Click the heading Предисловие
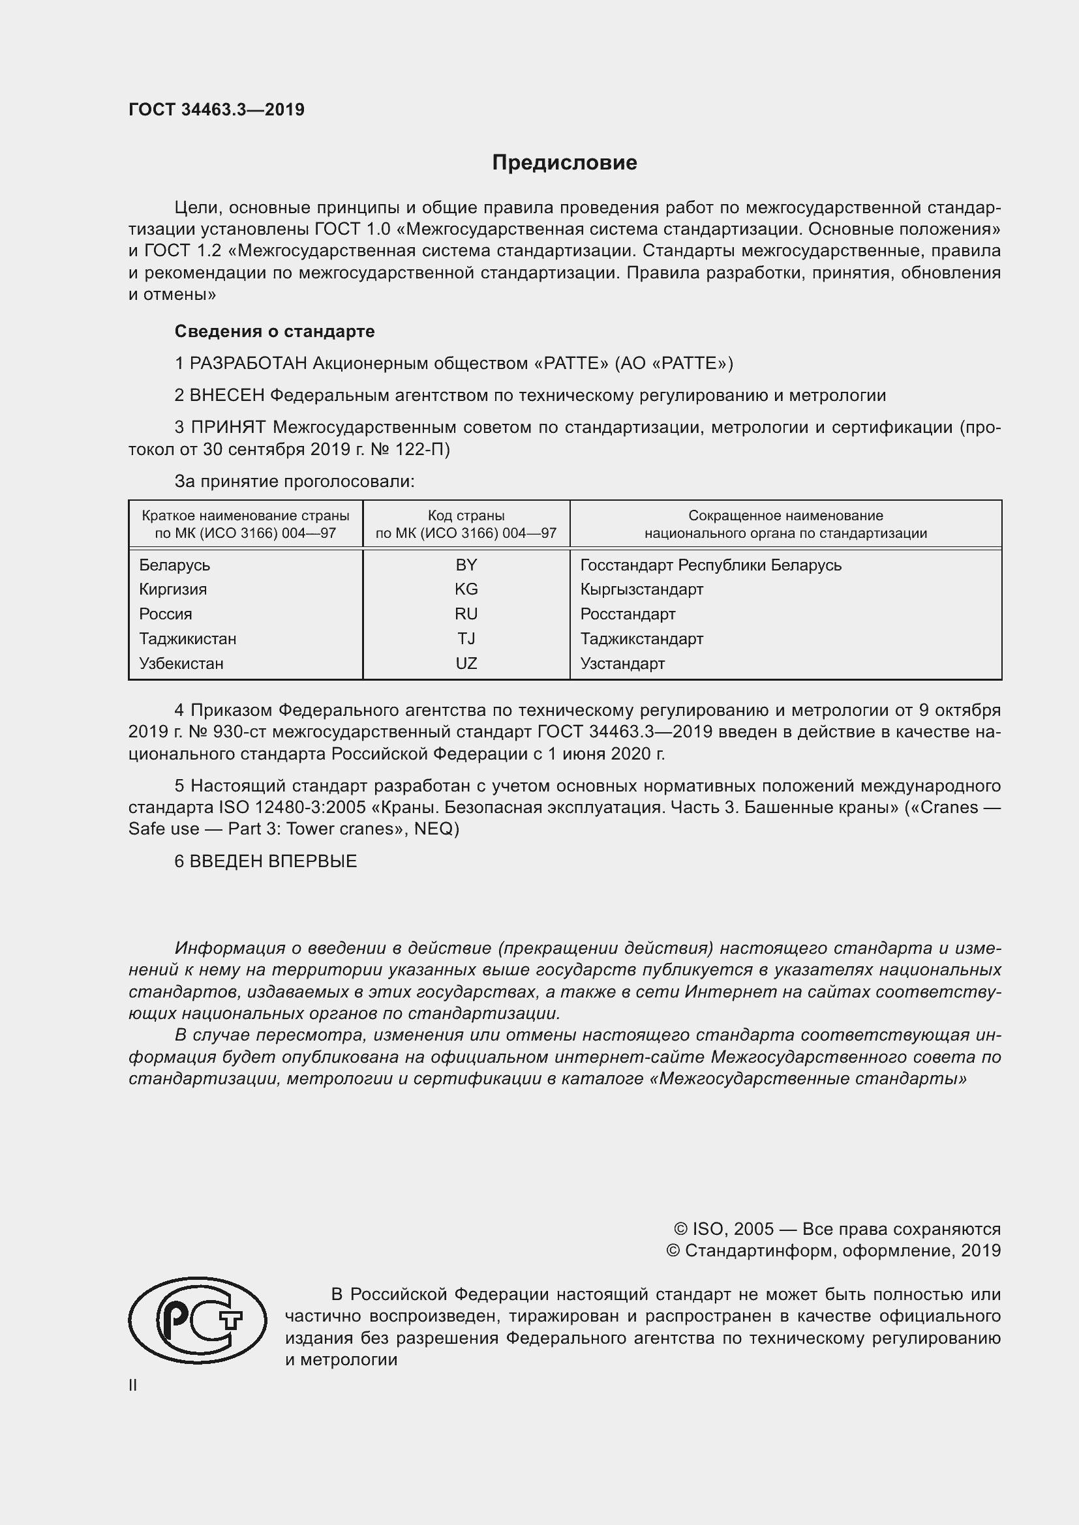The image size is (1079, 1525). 564,163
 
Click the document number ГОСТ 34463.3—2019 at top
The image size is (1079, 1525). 217,110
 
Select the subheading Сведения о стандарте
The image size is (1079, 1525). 275,331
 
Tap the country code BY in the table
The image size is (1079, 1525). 466,565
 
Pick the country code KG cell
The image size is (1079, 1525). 466,589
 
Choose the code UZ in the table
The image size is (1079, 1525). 466,663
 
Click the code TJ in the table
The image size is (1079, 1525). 466,638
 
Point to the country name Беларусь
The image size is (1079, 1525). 175,565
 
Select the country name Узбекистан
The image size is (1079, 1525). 181,663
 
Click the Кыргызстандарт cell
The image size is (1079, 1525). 641,589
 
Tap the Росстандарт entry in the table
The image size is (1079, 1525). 627,614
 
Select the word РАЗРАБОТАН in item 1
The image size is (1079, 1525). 249,363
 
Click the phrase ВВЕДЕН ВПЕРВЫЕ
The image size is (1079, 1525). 273,861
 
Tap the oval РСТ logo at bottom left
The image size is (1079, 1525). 197,1321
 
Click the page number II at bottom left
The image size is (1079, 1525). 133,1385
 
